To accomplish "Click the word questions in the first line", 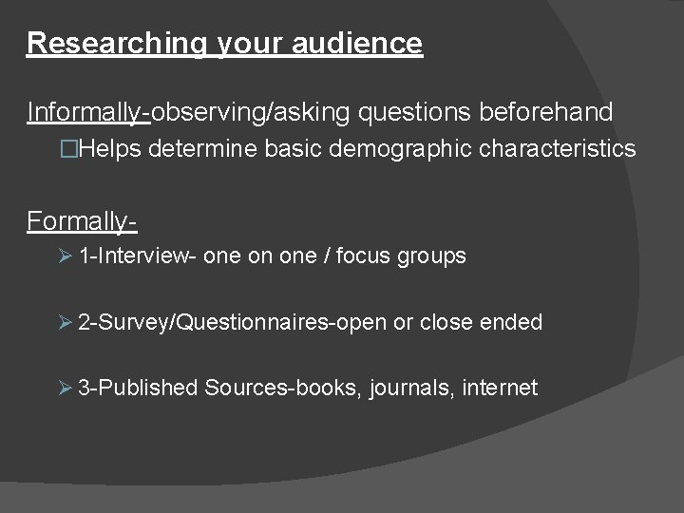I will (413, 113).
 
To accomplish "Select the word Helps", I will (111, 149).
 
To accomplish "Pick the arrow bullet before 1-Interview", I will (66, 256).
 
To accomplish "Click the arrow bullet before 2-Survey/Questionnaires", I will (66, 322).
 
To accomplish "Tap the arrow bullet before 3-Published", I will (66, 388).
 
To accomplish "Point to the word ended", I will (511, 322).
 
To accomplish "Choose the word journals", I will (407, 389).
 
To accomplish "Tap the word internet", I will (501, 388).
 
